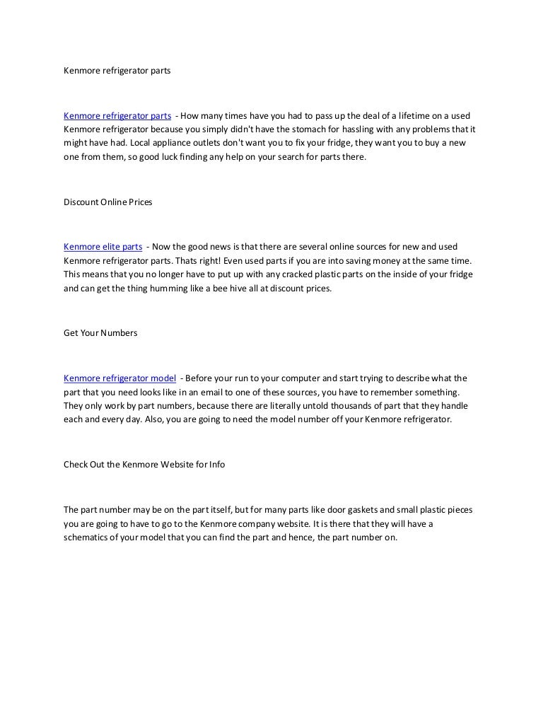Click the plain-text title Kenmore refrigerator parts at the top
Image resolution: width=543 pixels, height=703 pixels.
(117, 71)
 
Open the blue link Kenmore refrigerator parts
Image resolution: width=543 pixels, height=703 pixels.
(117, 115)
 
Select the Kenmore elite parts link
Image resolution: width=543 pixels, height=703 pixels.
(103, 247)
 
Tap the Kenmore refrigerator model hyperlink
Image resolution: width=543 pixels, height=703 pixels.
(120, 378)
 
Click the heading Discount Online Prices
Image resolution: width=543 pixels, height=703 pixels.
(108, 202)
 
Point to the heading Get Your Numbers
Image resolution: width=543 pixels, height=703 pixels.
(100, 333)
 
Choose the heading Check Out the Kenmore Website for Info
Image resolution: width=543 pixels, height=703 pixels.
(144, 465)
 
